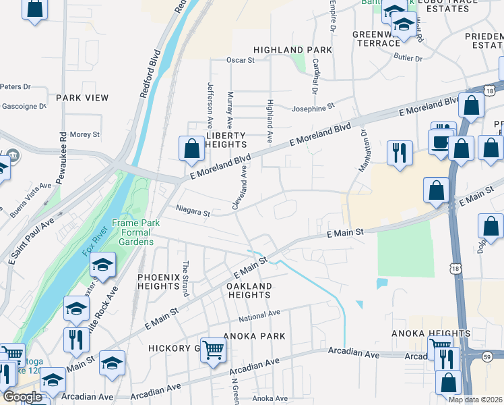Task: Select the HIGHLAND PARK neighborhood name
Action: point(292,50)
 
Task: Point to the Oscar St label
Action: point(241,60)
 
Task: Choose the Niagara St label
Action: point(194,212)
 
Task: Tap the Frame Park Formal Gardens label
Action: point(133,232)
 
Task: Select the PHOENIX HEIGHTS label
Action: point(159,281)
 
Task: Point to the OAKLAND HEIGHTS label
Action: point(249,290)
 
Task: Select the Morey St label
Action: point(84,134)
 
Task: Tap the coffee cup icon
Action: point(442,142)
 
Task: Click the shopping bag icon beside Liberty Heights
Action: point(192,148)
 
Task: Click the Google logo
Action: point(22,397)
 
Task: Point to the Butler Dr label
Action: point(409,59)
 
